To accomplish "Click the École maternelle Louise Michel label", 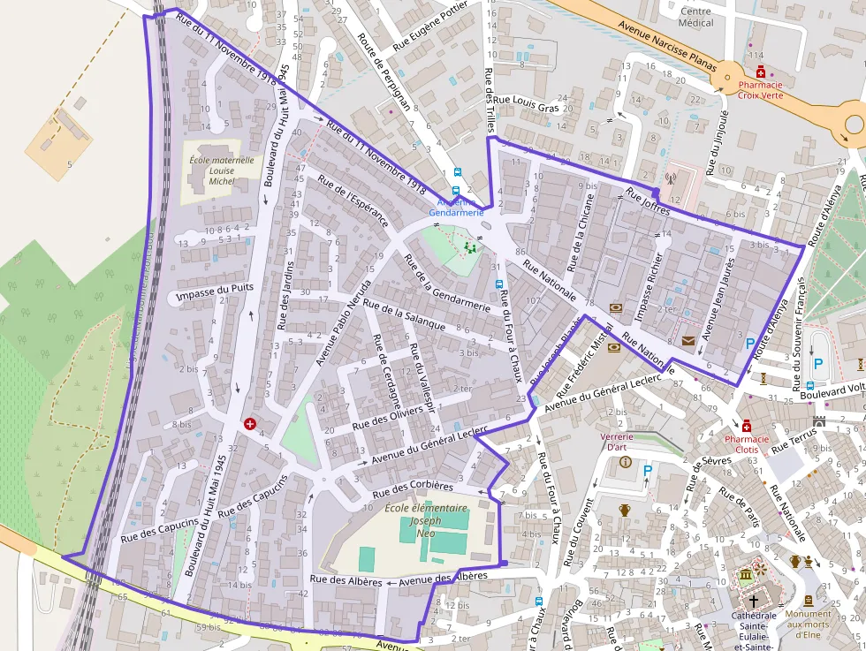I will (222, 171).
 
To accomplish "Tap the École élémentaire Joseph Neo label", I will (426, 521).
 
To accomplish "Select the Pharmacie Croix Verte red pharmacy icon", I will (760, 72).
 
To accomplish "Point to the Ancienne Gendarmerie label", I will (456, 208).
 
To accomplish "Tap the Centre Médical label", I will (695, 17).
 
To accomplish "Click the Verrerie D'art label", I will (624, 442).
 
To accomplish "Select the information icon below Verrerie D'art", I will (626, 462).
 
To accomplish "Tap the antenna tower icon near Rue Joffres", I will (670, 178).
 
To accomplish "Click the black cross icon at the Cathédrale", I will (753, 601).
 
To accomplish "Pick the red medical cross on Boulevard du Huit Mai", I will (249, 425).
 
